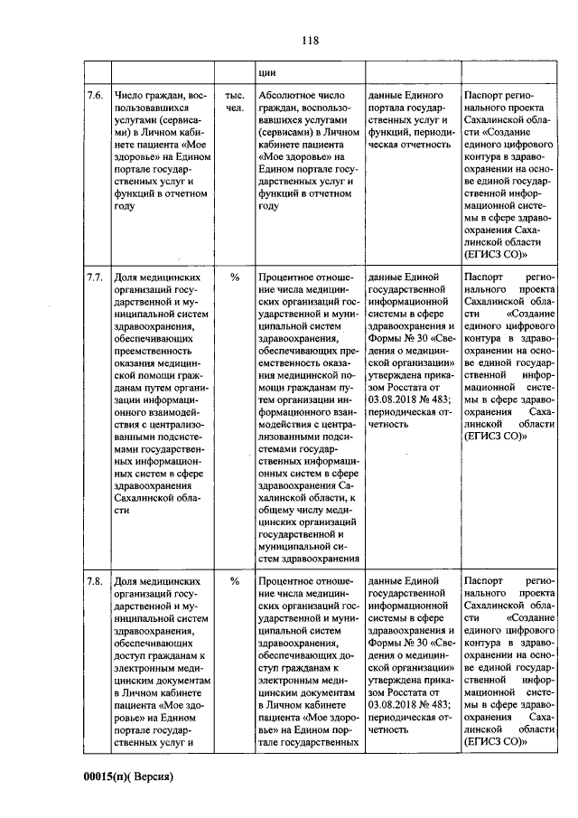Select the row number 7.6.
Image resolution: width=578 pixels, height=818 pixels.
(95, 95)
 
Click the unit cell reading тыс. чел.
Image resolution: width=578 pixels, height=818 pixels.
(234, 101)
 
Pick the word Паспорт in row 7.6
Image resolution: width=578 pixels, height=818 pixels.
(488, 95)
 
